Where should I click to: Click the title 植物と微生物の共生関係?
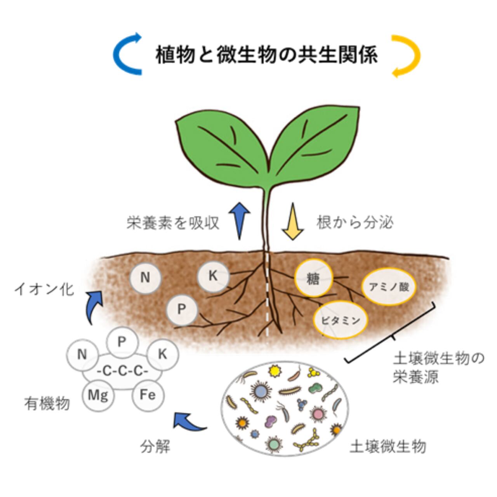266,55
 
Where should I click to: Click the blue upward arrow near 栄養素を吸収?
238,220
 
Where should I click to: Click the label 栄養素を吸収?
173,223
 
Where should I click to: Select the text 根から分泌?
355,222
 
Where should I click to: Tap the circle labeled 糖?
313,278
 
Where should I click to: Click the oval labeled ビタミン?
341,320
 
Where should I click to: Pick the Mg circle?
98,395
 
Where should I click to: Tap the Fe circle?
148,395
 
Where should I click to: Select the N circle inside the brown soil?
145,278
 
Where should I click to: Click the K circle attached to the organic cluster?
162,354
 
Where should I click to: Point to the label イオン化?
43,289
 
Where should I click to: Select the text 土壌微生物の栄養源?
438,367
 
